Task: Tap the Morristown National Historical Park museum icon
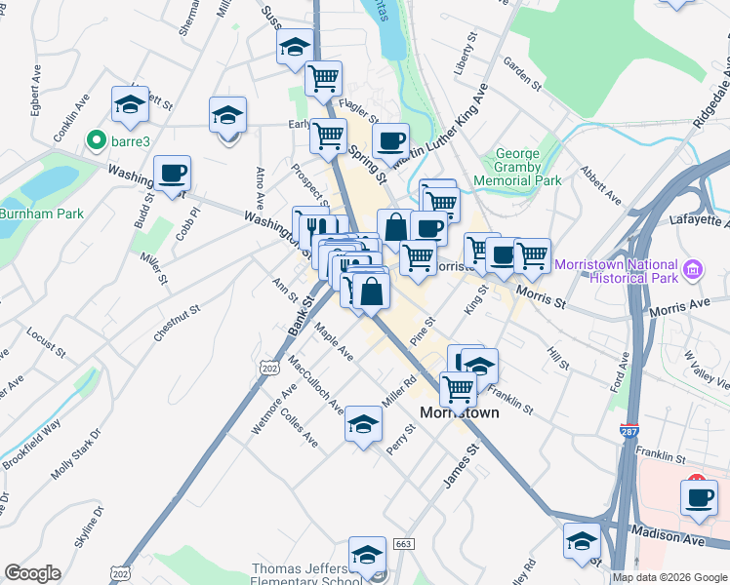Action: coord(692,270)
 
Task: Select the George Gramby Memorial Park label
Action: coord(516,167)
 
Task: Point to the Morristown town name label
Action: coord(459,412)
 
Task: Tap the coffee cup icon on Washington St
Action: coord(173,174)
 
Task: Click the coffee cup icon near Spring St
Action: coord(390,141)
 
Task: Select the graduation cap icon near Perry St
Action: coord(363,424)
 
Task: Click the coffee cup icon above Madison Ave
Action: coord(699,497)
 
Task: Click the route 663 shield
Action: coord(404,543)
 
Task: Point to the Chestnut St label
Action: coord(176,323)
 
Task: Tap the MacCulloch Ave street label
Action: coord(315,383)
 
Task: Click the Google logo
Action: coord(32,573)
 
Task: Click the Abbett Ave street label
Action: coord(601,183)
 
